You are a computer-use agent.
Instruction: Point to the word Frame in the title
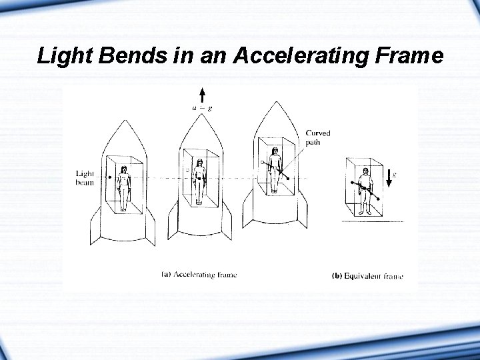[x=409, y=55]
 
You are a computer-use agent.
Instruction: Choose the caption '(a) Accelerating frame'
[x=199, y=274]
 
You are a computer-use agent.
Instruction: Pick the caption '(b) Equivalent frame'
[x=367, y=275]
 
